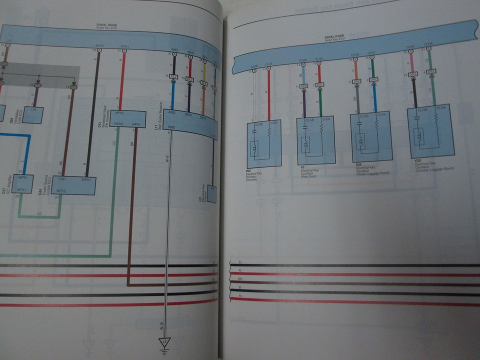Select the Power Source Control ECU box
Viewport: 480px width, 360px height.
pyautogui.click(x=73, y=185)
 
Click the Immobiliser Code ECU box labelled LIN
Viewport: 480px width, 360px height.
pyautogui.click(x=33, y=114)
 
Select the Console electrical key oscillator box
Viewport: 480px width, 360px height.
pyautogui.click(x=264, y=143)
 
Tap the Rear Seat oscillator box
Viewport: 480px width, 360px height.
pyautogui.click(x=315, y=140)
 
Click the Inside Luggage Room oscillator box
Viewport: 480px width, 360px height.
pyautogui.click(x=371, y=136)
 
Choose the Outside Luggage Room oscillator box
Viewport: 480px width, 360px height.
pyautogui.click(x=430, y=131)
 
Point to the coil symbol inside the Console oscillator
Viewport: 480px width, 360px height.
pyautogui.click(x=255, y=148)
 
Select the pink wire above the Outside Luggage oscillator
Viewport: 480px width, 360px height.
pyautogui.click(x=411, y=60)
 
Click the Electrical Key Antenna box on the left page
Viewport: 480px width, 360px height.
pyautogui.click(x=211, y=193)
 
